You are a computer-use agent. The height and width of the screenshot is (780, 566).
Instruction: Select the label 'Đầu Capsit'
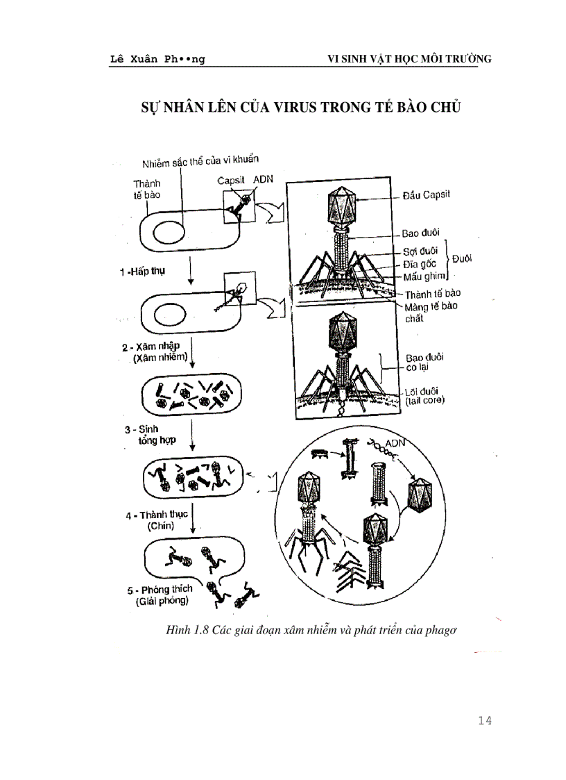[x=426, y=194]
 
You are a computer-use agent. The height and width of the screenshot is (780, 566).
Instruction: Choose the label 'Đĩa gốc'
[x=420, y=264]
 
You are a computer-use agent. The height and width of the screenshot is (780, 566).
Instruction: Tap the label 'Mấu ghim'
[x=422, y=276]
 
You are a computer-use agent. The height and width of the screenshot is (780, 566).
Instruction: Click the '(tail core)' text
[x=424, y=401]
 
